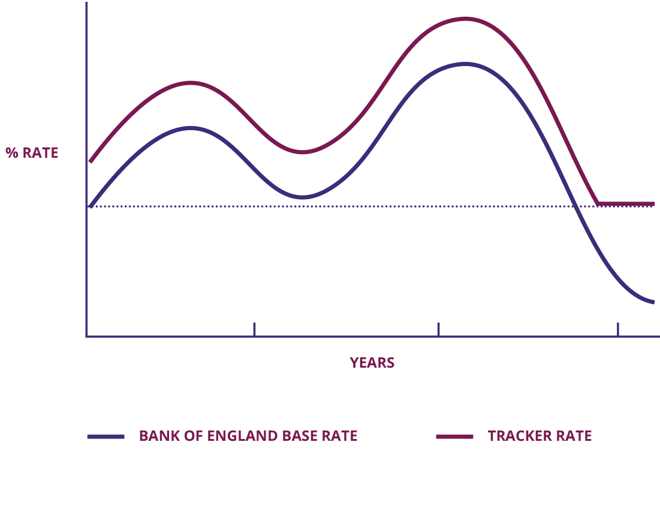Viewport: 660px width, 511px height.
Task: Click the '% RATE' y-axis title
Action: click(32, 153)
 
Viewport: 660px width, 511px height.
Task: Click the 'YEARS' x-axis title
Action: click(372, 363)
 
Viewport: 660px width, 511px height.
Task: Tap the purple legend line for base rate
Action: click(106, 436)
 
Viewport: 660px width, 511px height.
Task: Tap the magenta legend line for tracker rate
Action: click(454, 436)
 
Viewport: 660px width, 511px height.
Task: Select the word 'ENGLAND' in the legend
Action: click(242, 436)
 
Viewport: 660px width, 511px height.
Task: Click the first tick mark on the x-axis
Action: click(254, 329)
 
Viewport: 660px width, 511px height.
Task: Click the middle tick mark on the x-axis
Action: click(438, 329)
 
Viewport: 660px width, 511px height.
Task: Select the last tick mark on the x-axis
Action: click(617, 329)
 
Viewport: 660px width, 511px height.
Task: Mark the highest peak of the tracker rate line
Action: click(465, 19)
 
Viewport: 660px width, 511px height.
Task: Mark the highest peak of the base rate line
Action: click(465, 64)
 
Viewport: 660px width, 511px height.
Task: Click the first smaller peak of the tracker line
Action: click(191, 83)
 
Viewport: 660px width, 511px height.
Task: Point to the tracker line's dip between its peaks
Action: click(303, 152)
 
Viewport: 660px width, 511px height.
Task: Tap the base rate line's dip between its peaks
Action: click(303, 197)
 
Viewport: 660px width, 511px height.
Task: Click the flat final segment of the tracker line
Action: click(626, 204)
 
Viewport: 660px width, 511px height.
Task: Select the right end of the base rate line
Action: click(653, 302)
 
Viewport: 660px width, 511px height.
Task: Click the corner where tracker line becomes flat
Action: click(598, 204)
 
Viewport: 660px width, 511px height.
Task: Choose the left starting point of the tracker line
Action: click(90, 162)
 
